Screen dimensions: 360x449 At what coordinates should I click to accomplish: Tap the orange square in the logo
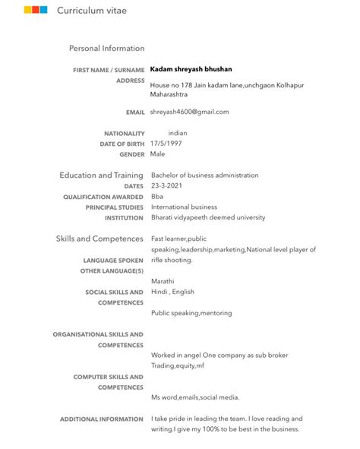(x=27, y=11)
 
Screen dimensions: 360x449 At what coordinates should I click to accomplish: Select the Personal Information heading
(x=106, y=49)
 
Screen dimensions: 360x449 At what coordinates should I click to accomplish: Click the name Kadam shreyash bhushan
(x=191, y=69)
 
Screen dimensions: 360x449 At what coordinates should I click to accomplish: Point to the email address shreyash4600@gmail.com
(x=189, y=112)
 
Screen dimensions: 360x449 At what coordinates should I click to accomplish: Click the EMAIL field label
(x=135, y=112)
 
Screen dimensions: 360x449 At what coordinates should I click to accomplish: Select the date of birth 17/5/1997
(x=166, y=143)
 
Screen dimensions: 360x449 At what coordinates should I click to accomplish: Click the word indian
(x=177, y=132)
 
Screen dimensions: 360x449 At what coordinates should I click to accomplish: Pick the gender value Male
(x=157, y=153)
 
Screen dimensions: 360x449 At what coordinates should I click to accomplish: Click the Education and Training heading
(x=101, y=175)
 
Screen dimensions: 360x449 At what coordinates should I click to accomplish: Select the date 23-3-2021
(x=167, y=185)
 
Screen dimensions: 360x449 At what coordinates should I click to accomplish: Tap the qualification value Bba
(x=157, y=196)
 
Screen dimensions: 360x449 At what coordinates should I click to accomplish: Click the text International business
(x=184, y=207)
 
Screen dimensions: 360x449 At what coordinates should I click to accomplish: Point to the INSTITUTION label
(x=124, y=218)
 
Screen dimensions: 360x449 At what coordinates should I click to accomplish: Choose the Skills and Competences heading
(x=99, y=239)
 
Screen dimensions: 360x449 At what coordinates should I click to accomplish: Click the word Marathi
(x=163, y=280)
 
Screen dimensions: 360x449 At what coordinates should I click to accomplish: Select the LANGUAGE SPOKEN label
(x=113, y=260)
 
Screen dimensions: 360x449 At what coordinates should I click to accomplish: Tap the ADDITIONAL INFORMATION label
(x=101, y=419)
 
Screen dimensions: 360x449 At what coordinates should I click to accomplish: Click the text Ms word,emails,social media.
(x=195, y=397)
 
